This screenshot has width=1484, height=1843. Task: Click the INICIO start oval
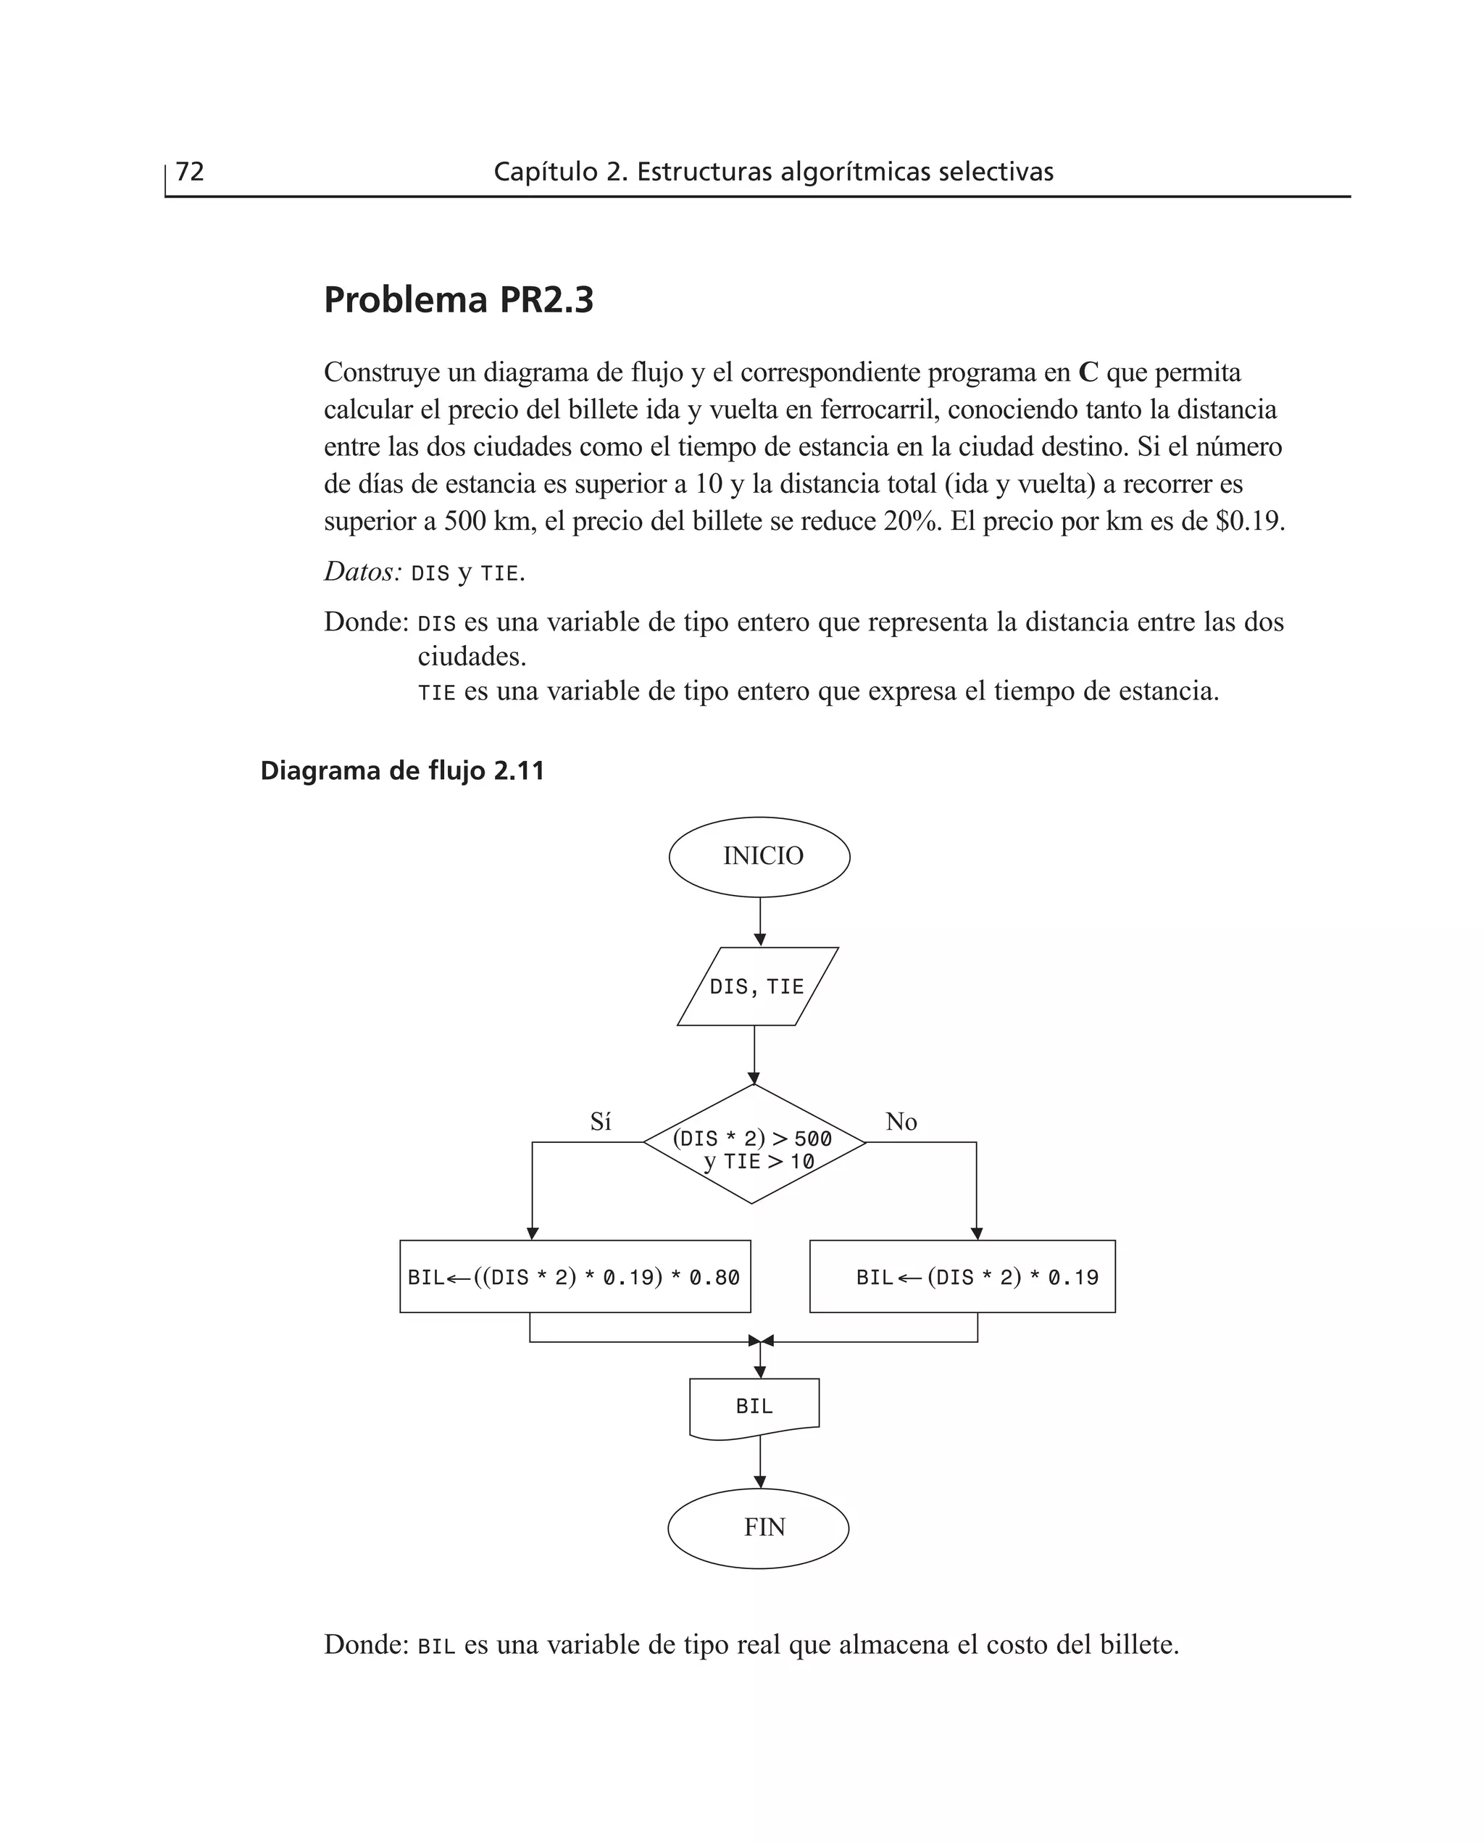pos(759,857)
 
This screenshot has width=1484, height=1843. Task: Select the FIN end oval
pos(758,1528)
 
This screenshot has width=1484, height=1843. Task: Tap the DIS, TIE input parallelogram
pos(757,986)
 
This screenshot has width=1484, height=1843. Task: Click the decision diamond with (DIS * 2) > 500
pos(754,1144)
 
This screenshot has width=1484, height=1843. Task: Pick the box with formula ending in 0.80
pos(575,1277)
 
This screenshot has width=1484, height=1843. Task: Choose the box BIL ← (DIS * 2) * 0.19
pos(962,1277)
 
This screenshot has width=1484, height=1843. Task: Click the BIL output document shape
pos(754,1406)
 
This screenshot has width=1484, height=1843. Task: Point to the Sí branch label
pos(600,1122)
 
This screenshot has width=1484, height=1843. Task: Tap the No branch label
pos(901,1122)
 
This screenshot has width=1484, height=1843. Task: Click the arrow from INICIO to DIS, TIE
pos(760,922)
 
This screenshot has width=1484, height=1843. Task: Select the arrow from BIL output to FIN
pos(760,1463)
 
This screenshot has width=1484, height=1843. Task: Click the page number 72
pos(190,172)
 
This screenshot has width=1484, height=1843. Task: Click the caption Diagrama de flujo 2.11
pos(401,771)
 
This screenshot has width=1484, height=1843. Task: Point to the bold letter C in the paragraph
pos(1088,373)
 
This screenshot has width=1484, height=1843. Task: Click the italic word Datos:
pos(362,571)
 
